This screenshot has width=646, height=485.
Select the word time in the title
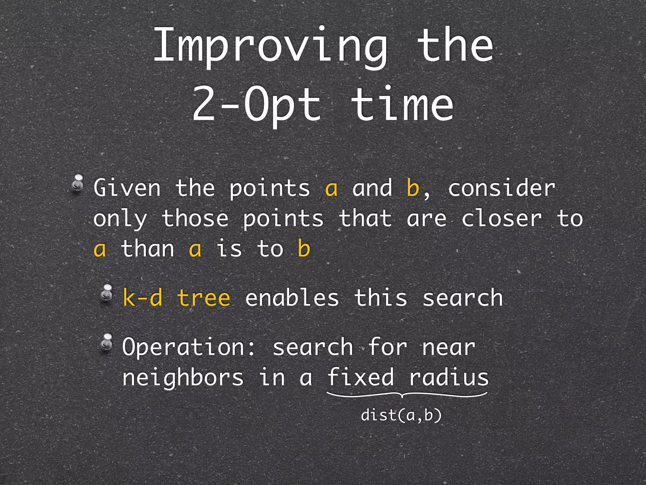[x=402, y=104]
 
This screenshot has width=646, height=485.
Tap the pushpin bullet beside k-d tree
[x=107, y=293]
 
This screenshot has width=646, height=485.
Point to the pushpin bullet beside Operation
[x=107, y=342]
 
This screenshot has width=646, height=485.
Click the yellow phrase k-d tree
[x=176, y=298]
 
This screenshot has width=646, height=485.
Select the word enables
[x=292, y=298]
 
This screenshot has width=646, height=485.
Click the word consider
[x=502, y=188]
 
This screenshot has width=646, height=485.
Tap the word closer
[x=502, y=219]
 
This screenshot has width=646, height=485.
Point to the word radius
[x=449, y=378]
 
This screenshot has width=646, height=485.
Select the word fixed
[x=361, y=378]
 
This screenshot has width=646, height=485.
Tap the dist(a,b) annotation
[x=401, y=415]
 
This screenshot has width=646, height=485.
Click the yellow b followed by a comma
[x=413, y=188]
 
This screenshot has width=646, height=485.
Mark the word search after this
[x=462, y=298]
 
